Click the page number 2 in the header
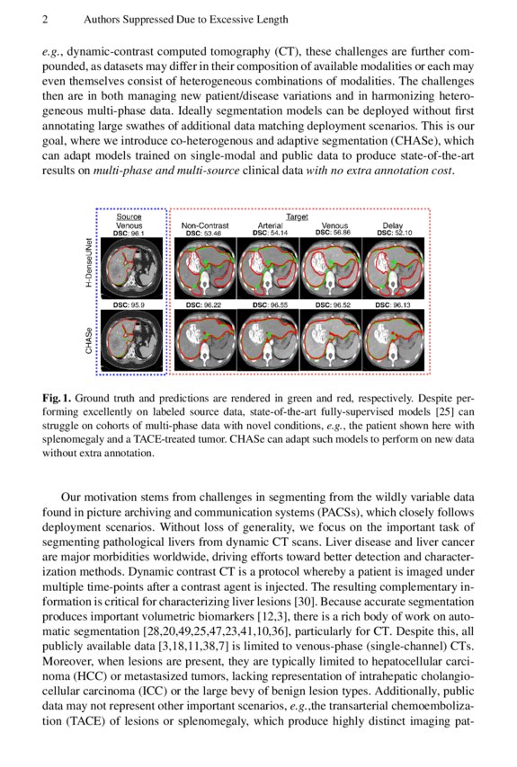tap(46, 19)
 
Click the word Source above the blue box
tap(129, 216)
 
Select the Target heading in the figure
tap(296, 216)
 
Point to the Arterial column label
tap(271, 225)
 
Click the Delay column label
tap(393, 225)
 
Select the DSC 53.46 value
tap(205, 234)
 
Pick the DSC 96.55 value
tap(271, 305)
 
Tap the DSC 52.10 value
tap(393, 234)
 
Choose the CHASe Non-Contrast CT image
tap(205, 340)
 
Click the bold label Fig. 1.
tap(57, 397)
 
